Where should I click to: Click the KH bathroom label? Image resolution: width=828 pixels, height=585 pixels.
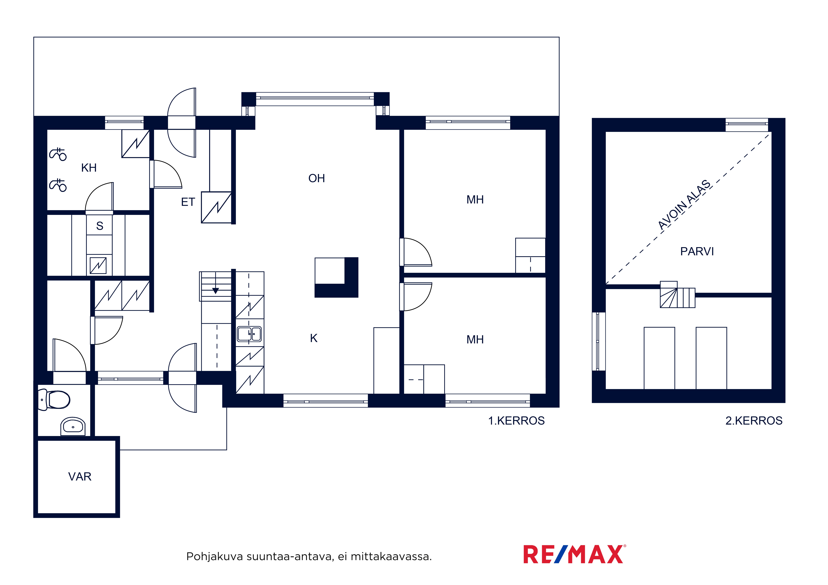point(89,168)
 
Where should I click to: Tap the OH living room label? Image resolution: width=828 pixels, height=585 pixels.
point(317,178)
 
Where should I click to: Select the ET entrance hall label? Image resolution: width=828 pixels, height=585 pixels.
point(188,202)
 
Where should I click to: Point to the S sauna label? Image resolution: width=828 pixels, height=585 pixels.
point(100,226)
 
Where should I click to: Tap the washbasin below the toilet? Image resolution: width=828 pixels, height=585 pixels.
point(73,426)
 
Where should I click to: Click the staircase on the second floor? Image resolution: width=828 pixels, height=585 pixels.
point(677,294)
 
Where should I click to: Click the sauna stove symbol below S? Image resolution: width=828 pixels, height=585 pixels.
point(98,266)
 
